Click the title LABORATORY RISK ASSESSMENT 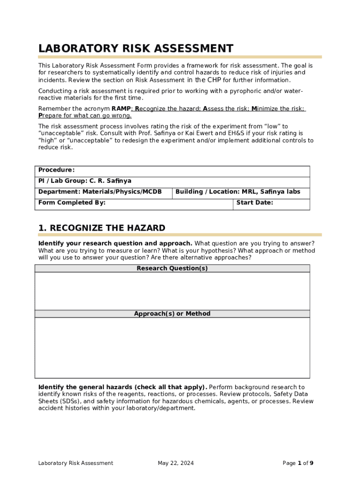pyautogui.click(x=136, y=49)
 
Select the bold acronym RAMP pyautogui.click(x=122, y=109)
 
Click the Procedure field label pyautogui.click(x=56, y=170)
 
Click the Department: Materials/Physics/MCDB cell pyautogui.click(x=100, y=192)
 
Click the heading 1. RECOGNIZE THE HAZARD pyautogui.click(x=101, y=228)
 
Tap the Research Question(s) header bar pyautogui.click(x=172, y=269)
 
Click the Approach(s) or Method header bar pyautogui.click(x=172, y=314)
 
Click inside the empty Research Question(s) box pyautogui.click(x=172, y=291)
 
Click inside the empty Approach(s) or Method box pyautogui.click(x=172, y=348)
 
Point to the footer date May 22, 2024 pyautogui.click(x=175, y=463)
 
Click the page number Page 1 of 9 pyautogui.click(x=298, y=463)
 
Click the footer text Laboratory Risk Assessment pyautogui.click(x=76, y=463)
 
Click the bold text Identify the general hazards pyautogui.click(x=122, y=387)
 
